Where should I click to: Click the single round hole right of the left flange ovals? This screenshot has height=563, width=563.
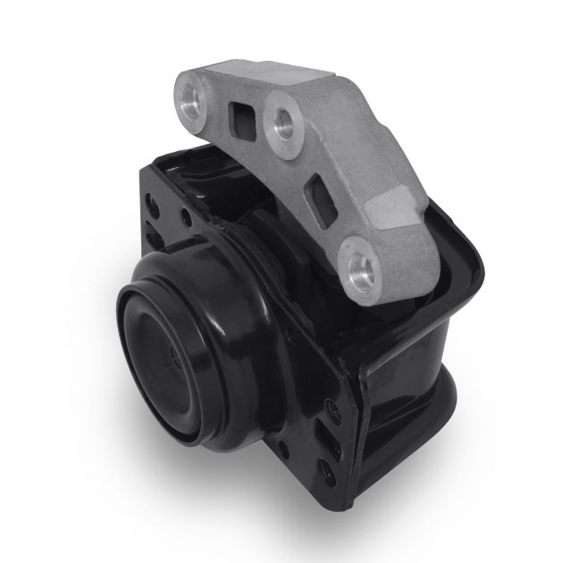pyautogui.click(x=185, y=214)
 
